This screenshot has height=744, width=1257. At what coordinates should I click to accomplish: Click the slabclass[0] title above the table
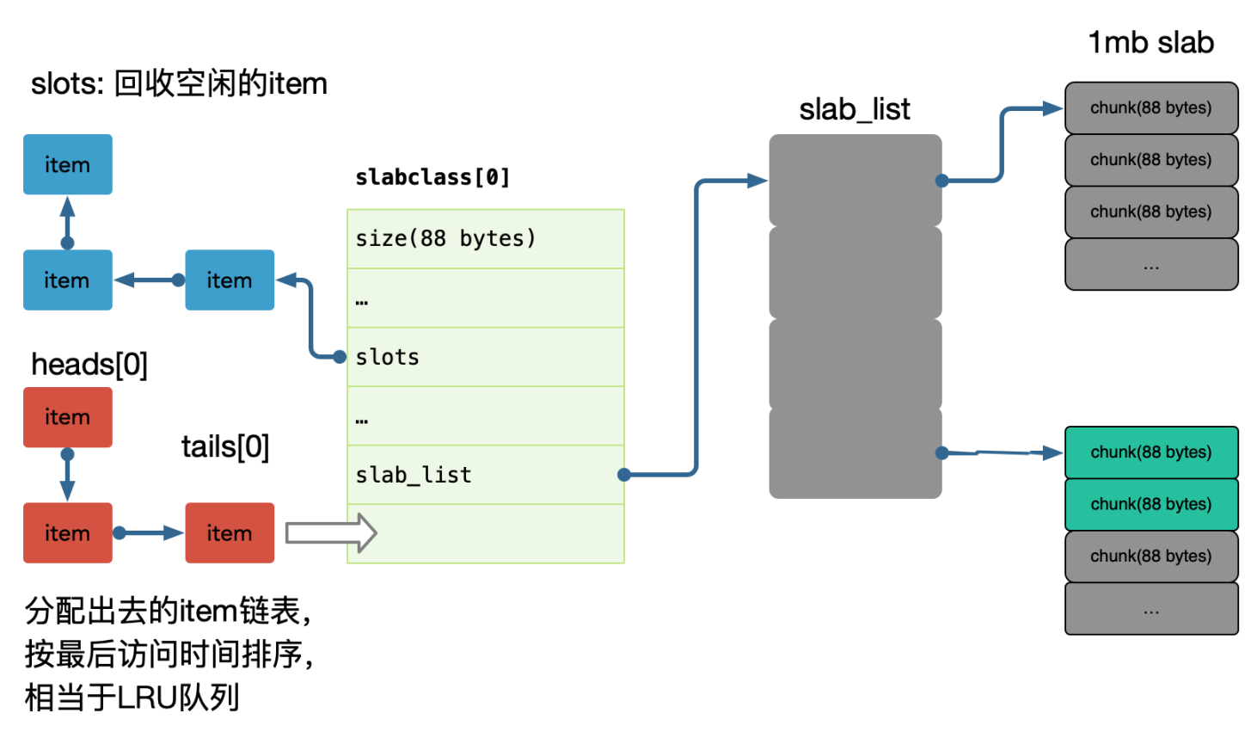pyautogui.click(x=432, y=178)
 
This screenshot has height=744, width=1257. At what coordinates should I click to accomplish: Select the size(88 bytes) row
pyautogui.click(x=485, y=238)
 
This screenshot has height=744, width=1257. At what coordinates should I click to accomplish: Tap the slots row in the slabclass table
pyautogui.click(x=485, y=357)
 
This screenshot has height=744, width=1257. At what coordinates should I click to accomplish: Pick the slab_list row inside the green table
pyautogui.click(x=485, y=475)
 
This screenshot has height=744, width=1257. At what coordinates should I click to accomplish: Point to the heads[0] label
pyautogui.click(x=89, y=365)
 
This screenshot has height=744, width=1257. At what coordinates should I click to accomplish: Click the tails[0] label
pyautogui.click(x=225, y=447)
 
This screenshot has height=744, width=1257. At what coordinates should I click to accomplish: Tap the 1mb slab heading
pyautogui.click(x=1150, y=43)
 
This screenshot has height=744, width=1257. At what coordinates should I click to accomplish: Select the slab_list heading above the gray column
pyautogui.click(x=854, y=110)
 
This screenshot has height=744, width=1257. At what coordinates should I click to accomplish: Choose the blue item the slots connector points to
pyautogui.click(x=230, y=280)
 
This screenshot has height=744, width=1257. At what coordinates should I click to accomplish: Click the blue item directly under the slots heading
pyautogui.click(x=67, y=164)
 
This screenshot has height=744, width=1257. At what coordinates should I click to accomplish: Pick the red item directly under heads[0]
pyautogui.click(x=67, y=417)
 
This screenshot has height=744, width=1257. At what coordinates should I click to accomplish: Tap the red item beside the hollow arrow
pyautogui.click(x=230, y=533)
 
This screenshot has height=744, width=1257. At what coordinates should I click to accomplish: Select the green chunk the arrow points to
pyautogui.click(x=1150, y=452)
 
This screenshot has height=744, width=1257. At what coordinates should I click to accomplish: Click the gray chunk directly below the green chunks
pyautogui.click(x=1150, y=556)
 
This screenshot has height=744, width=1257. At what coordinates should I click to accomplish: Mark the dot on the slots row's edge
pyautogui.click(x=340, y=357)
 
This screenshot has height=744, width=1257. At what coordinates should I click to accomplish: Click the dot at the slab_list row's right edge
pyautogui.click(x=624, y=475)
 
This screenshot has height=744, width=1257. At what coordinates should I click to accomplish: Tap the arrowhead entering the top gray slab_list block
pyautogui.click(x=757, y=181)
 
